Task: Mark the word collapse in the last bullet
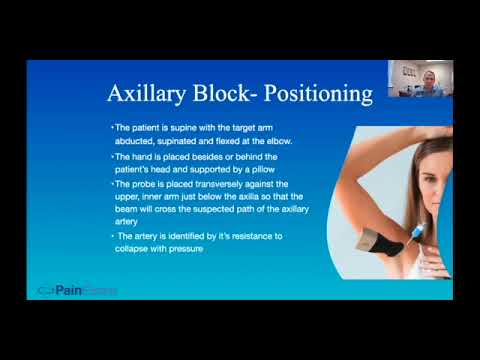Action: tap(137, 247)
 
